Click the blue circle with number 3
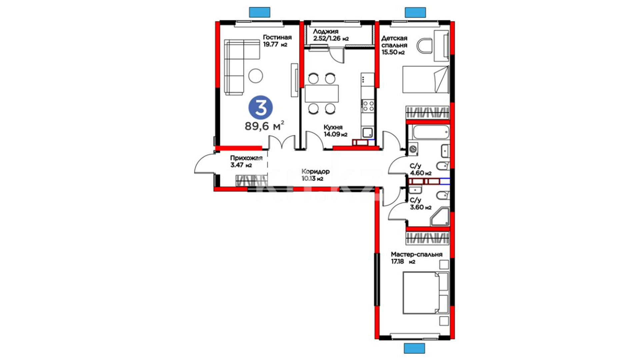click(x=261, y=108)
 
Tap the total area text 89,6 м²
click(x=265, y=126)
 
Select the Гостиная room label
click(x=277, y=37)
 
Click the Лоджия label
click(x=326, y=31)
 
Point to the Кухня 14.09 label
click(x=335, y=131)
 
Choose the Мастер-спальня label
click(x=417, y=254)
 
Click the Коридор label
click(x=315, y=171)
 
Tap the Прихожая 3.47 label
click(x=246, y=161)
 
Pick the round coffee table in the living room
click(x=256, y=76)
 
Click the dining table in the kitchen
click(x=322, y=94)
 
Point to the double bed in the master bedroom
click(x=426, y=293)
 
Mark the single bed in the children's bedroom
click(x=426, y=79)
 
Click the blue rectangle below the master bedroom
click(x=415, y=348)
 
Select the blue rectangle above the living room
click(x=260, y=12)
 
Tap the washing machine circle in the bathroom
click(x=413, y=149)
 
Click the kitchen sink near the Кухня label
click(x=368, y=133)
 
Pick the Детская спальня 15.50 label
click(x=394, y=45)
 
